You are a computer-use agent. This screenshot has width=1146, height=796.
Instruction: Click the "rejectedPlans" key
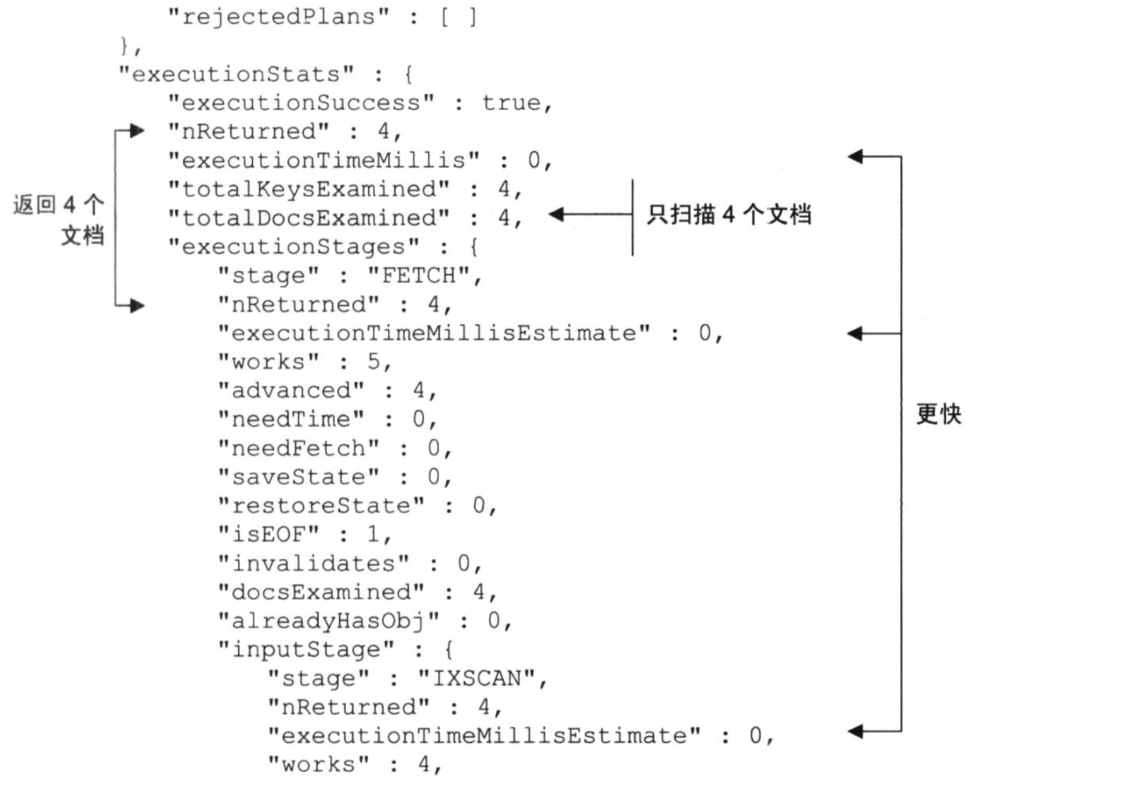(x=278, y=17)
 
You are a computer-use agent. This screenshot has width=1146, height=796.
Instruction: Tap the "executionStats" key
(x=236, y=74)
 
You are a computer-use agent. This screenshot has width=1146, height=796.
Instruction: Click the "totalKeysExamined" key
(x=308, y=189)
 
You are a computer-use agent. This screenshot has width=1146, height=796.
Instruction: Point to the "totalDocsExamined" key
(x=308, y=218)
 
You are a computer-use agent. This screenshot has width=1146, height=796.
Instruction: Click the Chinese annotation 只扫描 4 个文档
(x=729, y=215)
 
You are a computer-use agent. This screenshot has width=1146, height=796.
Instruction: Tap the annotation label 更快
(x=939, y=414)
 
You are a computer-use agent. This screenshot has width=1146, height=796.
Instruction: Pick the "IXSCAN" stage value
(x=477, y=678)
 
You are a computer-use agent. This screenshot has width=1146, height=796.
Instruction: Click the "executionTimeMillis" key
(x=323, y=160)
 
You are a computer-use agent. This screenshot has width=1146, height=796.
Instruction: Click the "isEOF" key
(x=268, y=534)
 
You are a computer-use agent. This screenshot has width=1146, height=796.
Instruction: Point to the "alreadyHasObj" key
(x=328, y=621)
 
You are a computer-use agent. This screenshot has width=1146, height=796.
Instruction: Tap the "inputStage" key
(x=305, y=650)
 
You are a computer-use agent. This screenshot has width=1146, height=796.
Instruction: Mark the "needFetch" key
(x=298, y=448)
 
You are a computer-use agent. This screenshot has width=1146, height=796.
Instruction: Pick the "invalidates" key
(x=313, y=563)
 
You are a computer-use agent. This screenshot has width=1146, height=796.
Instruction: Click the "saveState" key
(x=298, y=477)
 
